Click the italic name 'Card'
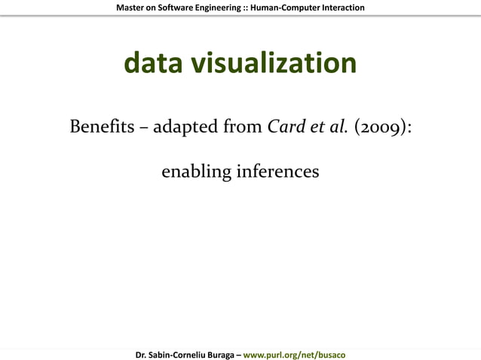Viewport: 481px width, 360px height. click(286, 126)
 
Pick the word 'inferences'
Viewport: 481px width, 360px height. click(278, 172)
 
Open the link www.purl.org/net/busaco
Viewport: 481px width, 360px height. click(294, 354)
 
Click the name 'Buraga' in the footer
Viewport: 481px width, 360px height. click(220, 354)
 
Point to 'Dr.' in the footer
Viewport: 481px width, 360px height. click(141, 354)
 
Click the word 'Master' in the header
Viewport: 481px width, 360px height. click(132, 8)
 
